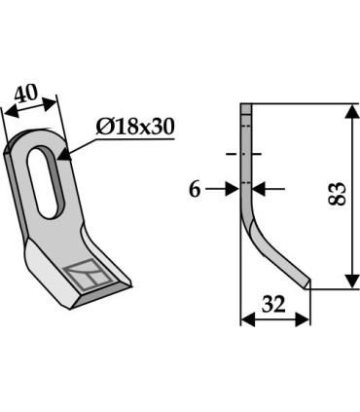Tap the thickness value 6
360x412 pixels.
[195, 190]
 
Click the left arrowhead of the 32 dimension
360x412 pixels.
[244, 318]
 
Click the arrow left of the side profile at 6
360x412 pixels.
[234, 189]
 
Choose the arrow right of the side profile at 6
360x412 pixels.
[259, 189]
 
